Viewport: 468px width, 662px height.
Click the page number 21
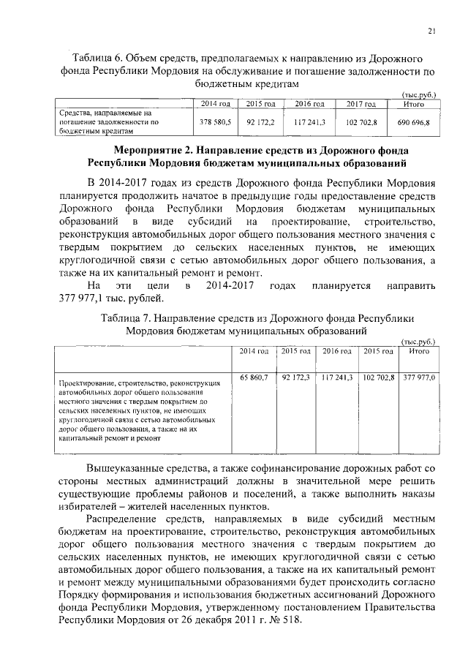coord(432,30)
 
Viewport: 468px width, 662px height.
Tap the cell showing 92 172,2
coord(260,123)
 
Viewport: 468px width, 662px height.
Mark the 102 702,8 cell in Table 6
coord(361,123)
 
